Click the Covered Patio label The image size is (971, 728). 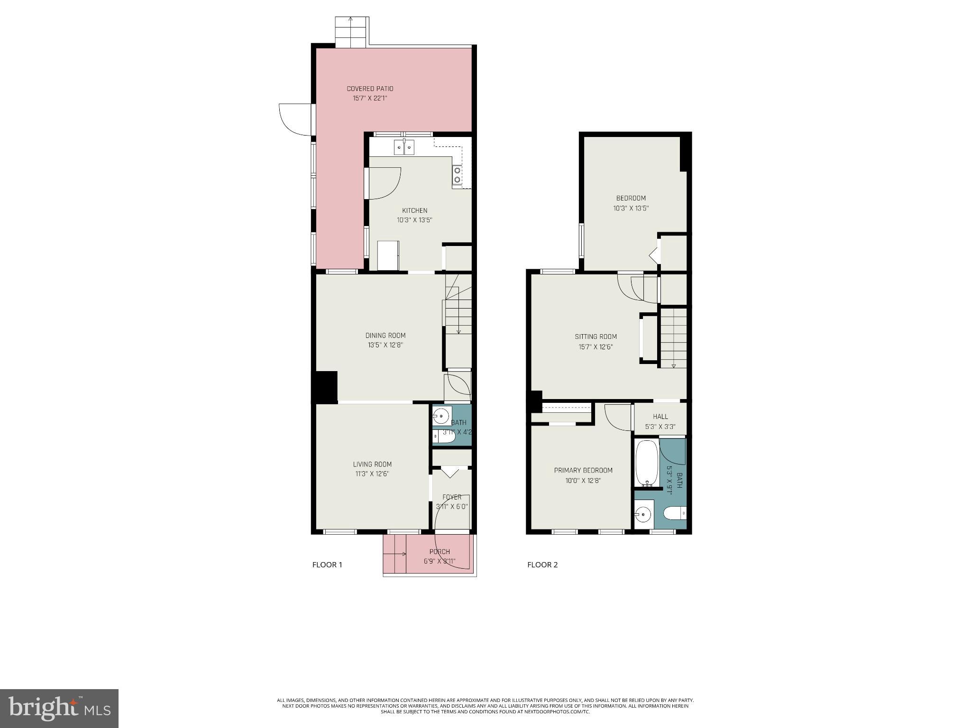click(370, 89)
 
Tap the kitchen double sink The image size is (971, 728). click(404, 147)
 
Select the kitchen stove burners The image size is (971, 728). click(457, 174)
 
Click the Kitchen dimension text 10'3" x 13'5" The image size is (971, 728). click(414, 220)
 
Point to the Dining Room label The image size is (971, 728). click(385, 336)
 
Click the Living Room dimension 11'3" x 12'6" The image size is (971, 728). click(372, 474)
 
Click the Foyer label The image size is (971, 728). click(451, 497)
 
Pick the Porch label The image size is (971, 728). click(439, 552)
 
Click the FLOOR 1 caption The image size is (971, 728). click(327, 564)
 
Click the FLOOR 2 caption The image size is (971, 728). click(542, 564)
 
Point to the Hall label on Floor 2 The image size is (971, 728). click(660, 417)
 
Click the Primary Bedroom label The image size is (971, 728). click(583, 470)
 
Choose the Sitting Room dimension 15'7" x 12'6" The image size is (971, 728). click(595, 346)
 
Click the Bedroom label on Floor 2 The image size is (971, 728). click(631, 198)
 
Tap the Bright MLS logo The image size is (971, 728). click(59, 709)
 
